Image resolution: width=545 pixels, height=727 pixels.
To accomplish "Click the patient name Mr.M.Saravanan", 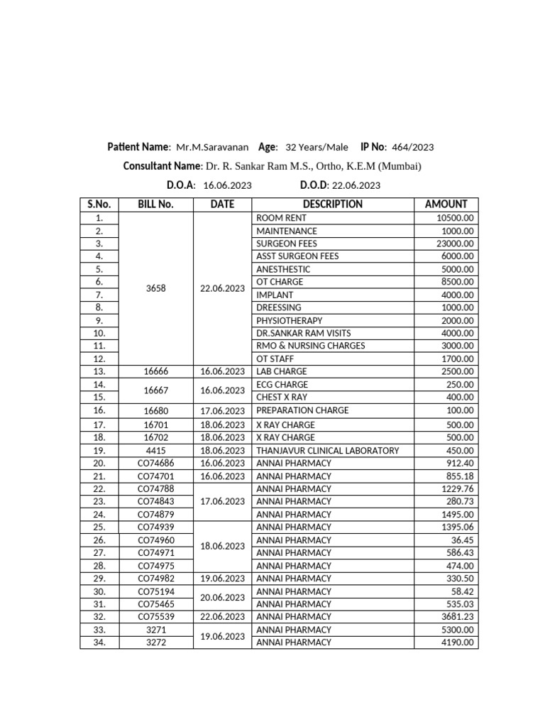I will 212,148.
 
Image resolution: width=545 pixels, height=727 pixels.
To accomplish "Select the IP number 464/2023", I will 412,148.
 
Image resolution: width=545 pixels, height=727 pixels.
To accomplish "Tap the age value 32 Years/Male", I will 316,148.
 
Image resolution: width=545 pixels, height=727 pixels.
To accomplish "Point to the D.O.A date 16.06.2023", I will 227,185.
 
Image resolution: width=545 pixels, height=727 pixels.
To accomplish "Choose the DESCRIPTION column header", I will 332,204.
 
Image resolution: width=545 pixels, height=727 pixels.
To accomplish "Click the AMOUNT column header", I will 446,204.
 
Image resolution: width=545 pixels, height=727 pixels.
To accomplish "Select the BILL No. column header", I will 155,204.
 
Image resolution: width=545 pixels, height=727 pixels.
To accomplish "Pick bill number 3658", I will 155,288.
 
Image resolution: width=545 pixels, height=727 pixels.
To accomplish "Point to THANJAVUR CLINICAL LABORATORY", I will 327,450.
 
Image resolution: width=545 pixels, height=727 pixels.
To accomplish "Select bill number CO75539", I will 155,617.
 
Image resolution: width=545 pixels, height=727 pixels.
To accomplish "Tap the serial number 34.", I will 99,643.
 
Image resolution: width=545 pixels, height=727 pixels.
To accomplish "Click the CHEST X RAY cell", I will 282,398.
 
